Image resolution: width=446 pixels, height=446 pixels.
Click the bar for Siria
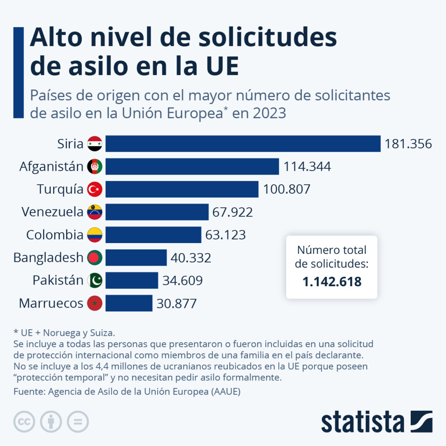[243, 144]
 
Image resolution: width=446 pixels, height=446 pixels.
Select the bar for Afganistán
[192, 166]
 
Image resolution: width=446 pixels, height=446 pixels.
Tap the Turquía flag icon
[95, 189]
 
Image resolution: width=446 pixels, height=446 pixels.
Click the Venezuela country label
[52, 212]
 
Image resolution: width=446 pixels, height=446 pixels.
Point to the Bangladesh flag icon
[95, 257]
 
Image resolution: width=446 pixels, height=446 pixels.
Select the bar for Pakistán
[132, 280]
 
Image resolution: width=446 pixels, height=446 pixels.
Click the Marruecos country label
[51, 303]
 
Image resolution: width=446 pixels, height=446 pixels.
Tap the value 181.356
[408, 144]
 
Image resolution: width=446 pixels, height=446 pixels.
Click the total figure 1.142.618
[332, 281]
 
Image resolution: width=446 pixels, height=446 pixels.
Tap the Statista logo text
[363, 422]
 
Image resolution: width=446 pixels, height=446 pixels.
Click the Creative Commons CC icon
[24, 422]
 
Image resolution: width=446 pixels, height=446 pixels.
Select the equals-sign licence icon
[78, 422]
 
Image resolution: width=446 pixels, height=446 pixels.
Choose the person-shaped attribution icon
[51, 422]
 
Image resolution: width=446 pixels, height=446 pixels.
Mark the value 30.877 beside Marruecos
[177, 303]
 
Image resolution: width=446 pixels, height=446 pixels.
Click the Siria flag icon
[95, 144]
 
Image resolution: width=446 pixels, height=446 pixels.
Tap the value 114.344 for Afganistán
[307, 166]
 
